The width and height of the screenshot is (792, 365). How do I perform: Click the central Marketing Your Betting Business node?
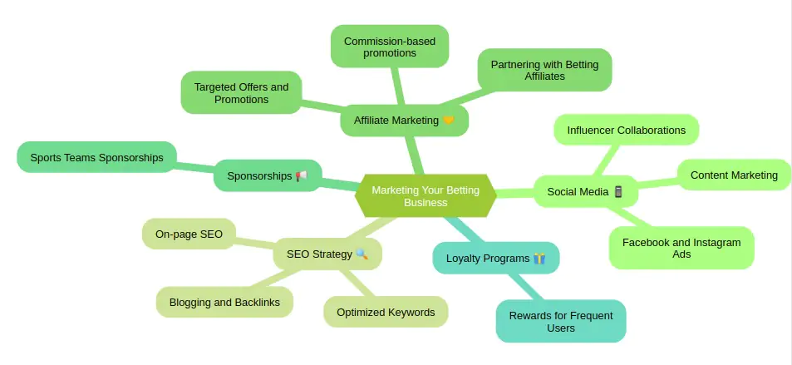[x=426, y=196]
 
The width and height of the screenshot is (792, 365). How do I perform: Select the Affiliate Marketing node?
[x=404, y=121]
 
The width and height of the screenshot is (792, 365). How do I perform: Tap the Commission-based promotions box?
[x=390, y=47]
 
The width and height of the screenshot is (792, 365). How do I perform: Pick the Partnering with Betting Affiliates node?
[x=544, y=71]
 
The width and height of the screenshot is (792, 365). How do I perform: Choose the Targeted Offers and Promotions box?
[x=242, y=92]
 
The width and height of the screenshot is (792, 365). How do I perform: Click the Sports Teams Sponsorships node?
[x=96, y=157]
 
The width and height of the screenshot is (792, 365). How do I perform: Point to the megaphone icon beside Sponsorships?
[x=302, y=176]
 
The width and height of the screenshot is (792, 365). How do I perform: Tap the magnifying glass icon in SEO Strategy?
[x=362, y=254]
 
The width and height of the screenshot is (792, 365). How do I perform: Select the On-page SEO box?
[x=189, y=234]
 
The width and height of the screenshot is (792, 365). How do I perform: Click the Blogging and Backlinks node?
[x=224, y=303]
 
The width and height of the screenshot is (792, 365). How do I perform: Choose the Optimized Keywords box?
[x=386, y=312]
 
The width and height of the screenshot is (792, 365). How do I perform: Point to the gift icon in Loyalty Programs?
[x=539, y=259]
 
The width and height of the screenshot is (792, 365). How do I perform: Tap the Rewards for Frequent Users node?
[x=561, y=322]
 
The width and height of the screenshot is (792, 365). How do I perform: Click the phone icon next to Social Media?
[x=618, y=191]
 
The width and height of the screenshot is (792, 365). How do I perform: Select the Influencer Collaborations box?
[x=627, y=130]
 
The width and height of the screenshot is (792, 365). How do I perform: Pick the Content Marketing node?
[x=734, y=175]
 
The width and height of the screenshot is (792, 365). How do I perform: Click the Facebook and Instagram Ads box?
[x=681, y=248]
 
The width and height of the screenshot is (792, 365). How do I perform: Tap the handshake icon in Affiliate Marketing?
[x=448, y=121]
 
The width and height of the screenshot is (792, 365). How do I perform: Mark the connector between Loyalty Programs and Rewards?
[x=526, y=287]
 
